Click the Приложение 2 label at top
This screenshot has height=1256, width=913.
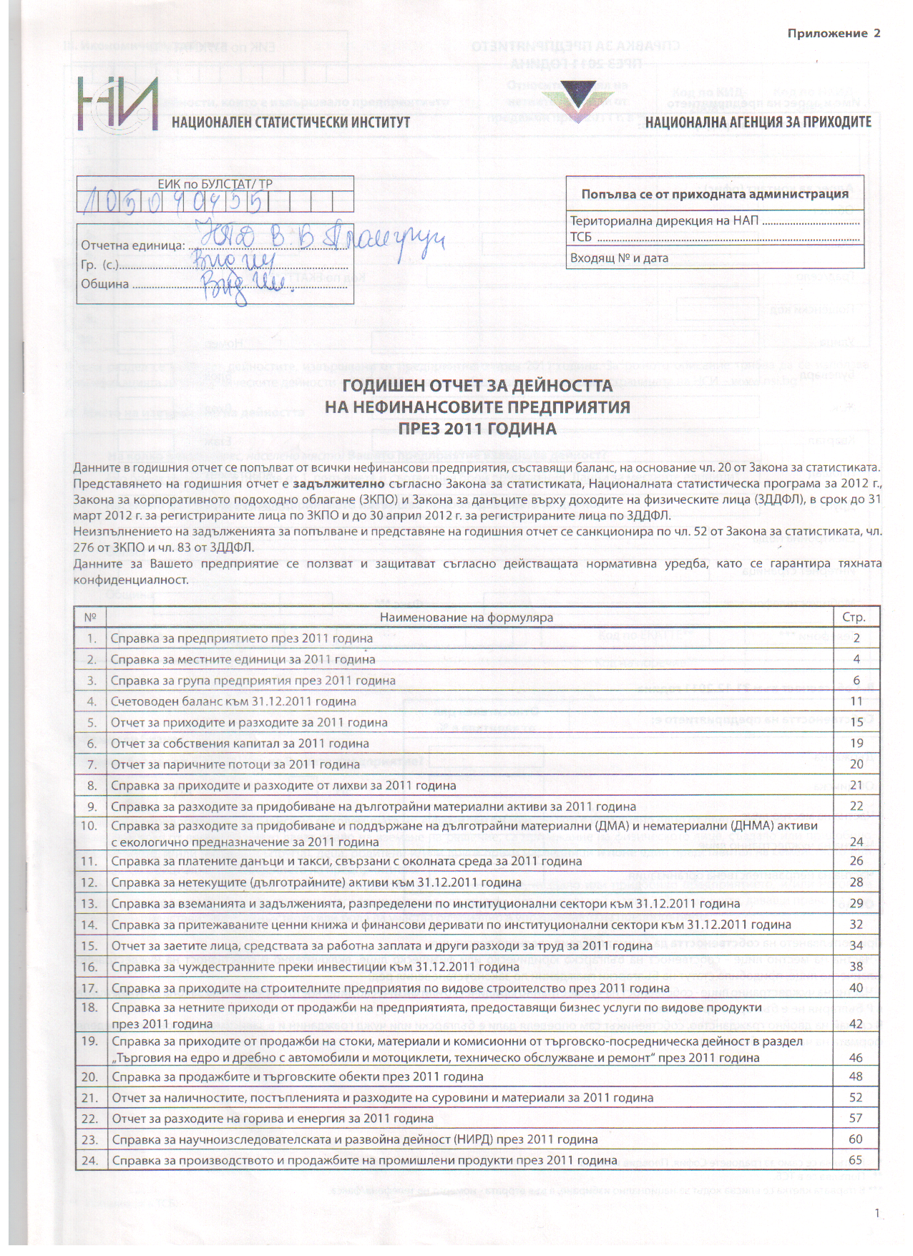834,33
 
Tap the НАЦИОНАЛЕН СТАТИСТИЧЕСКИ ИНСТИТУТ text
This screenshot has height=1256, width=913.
290,122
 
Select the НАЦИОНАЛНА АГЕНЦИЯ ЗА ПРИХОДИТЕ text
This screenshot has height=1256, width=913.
758,122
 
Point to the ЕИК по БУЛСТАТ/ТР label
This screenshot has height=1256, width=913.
215,184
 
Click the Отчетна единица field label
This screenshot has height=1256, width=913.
133,245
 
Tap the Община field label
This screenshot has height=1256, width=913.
105,283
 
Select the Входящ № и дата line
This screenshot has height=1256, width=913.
619,258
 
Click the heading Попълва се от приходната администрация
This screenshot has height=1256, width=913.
714,194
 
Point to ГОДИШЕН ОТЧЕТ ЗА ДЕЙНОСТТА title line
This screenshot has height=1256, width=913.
477,386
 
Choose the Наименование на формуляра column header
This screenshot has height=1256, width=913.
466,617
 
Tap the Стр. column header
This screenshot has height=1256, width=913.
854,617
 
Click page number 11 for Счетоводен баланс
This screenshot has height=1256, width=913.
856,701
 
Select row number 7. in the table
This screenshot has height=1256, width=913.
91,764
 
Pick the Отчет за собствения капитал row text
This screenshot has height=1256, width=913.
240,744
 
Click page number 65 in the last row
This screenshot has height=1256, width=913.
856,1160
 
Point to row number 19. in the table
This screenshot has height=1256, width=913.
89,1041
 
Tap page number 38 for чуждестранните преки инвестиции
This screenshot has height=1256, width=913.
856,966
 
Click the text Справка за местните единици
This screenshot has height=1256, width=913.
243,659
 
